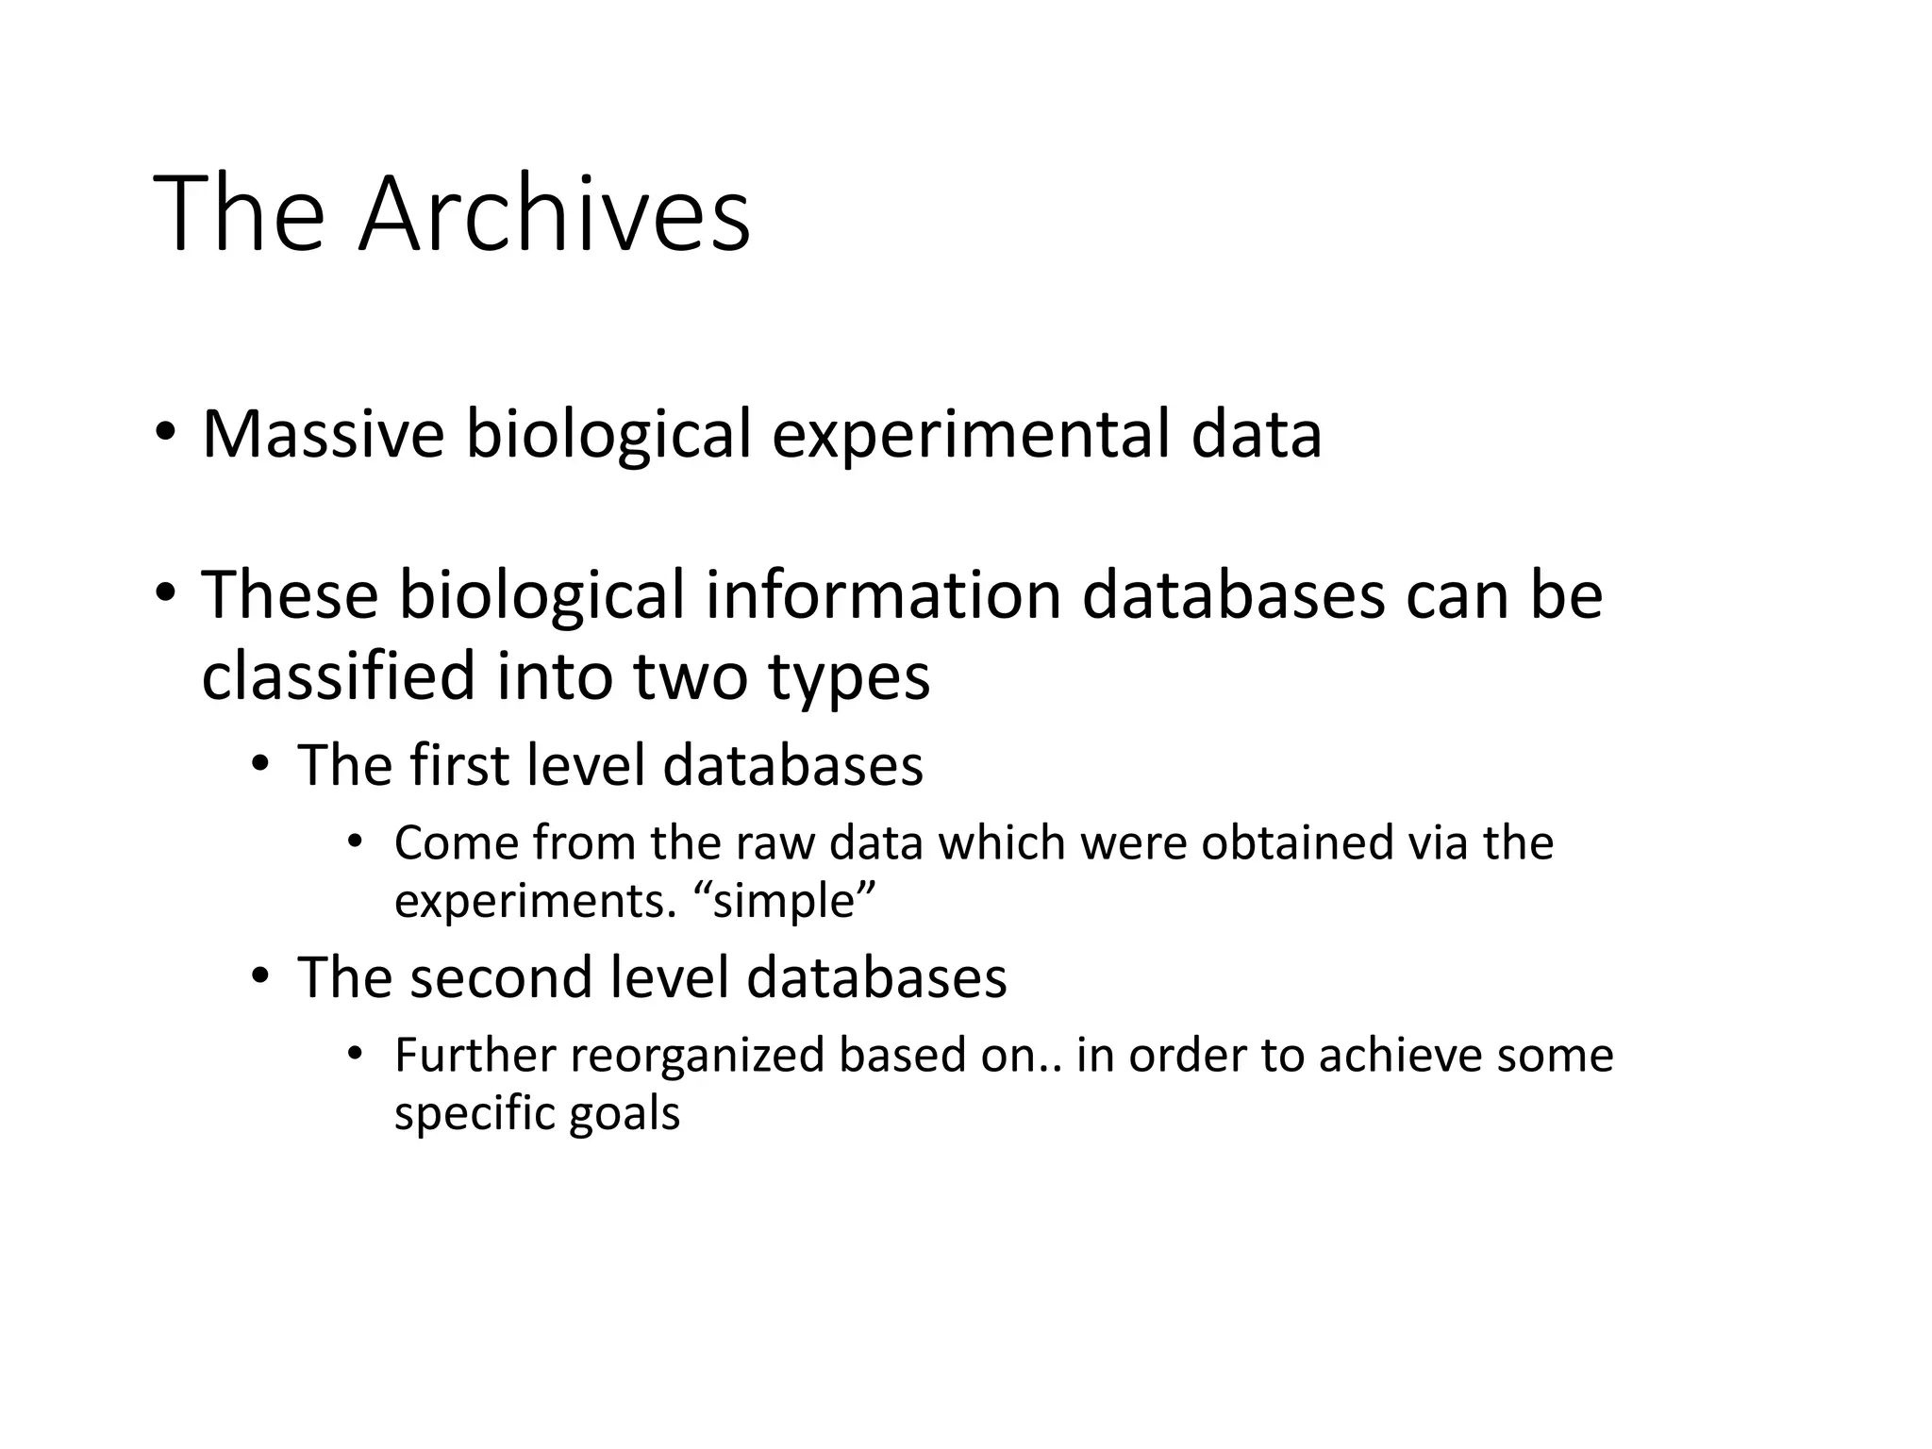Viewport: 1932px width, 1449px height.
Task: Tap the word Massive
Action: (323, 434)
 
